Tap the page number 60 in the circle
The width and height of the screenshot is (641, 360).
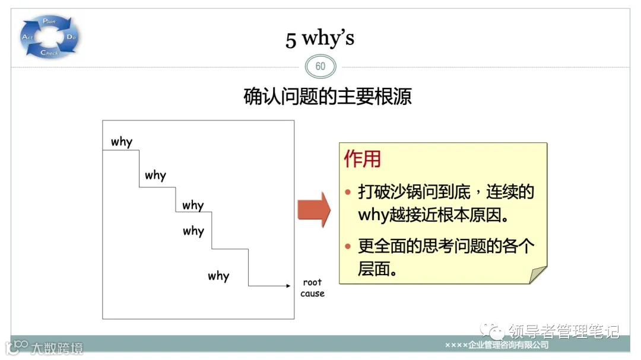320,66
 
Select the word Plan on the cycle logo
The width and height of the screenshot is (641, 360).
49,21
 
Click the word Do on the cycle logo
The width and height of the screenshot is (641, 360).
71,37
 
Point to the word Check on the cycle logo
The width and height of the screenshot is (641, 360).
49,53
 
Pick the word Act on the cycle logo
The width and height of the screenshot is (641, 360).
27,37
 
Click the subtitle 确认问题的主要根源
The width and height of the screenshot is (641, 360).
328,96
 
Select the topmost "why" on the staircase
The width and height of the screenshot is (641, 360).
121,142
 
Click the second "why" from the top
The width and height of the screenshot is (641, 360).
156,175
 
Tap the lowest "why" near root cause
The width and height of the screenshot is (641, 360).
218,276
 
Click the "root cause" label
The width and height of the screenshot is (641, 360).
312,288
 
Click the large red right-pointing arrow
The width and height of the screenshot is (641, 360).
313,209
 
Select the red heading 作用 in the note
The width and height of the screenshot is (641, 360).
363,159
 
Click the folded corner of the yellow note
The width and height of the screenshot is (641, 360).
538,275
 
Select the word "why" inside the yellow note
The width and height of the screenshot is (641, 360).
373,214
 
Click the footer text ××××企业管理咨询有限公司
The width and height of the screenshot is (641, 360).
497,345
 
